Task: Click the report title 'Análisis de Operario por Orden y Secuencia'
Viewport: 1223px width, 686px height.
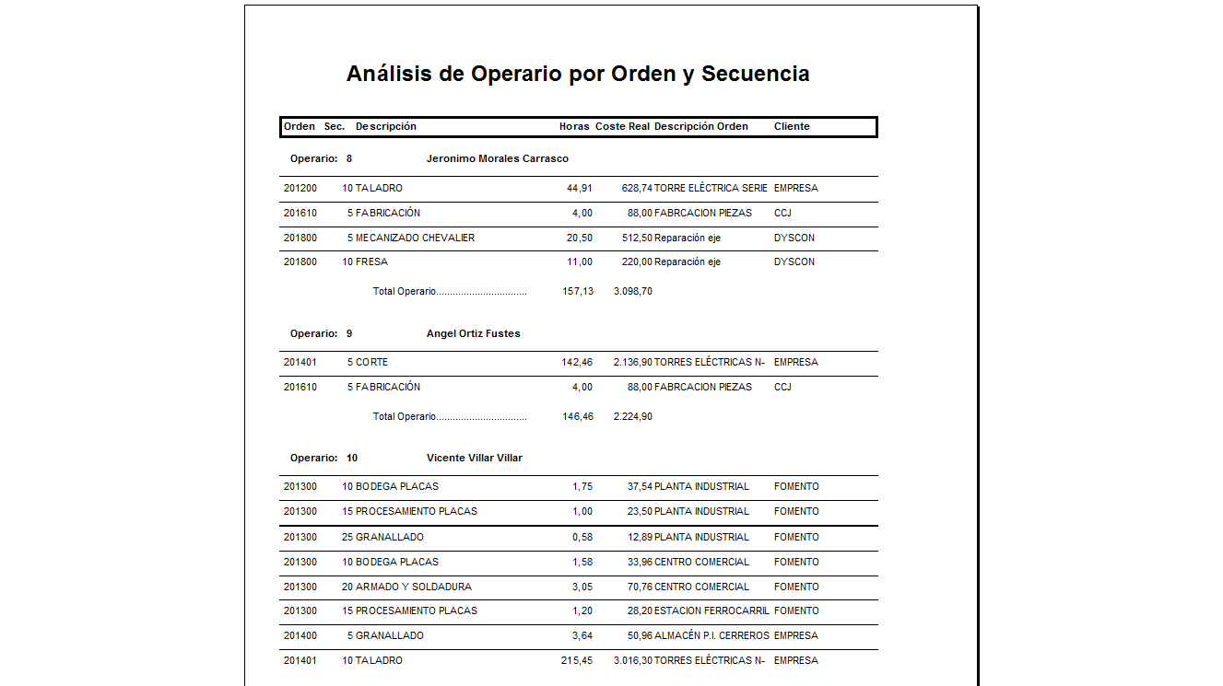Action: click(x=578, y=74)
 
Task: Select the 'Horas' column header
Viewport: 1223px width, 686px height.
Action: click(x=574, y=126)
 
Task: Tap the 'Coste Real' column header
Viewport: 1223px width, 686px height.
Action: click(x=622, y=126)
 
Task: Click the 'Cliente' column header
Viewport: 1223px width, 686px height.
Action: click(x=792, y=126)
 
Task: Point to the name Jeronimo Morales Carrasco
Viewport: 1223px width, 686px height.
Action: click(x=497, y=158)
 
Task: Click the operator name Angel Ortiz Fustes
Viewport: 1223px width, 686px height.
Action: click(x=473, y=333)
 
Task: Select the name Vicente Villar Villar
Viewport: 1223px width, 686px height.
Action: click(x=474, y=458)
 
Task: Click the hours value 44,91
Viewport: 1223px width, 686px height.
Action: click(x=579, y=188)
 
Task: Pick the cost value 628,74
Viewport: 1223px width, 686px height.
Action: click(x=637, y=188)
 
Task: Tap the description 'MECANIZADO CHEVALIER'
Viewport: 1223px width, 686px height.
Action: click(x=415, y=238)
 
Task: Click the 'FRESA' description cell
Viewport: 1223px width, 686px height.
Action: click(x=371, y=262)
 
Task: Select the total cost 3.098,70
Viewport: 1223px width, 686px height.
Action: click(x=632, y=291)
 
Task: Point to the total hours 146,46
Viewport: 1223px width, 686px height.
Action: click(x=577, y=416)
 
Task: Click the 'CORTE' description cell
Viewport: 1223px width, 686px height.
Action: click(x=371, y=362)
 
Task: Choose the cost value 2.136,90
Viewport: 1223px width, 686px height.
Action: click(x=632, y=362)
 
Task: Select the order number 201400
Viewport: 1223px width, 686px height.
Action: click(x=300, y=635)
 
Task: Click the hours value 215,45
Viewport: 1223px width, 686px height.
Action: click(x=576, y=660)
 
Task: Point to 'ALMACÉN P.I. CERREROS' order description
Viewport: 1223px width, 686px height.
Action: click(x=711, y=635)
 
